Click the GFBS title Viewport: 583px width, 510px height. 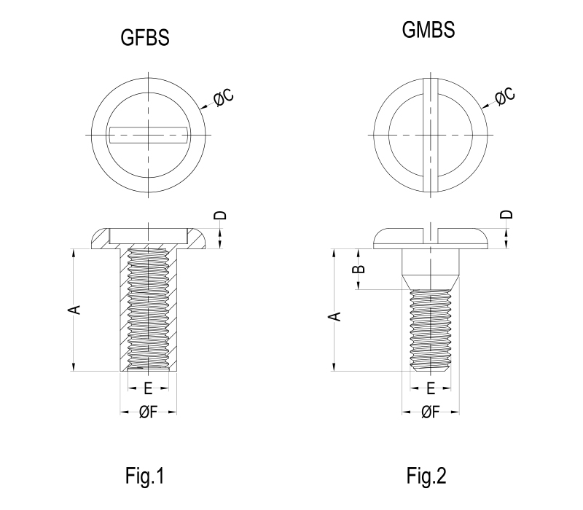[x=145, y=39]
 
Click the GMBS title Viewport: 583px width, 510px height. [x=429, y=31]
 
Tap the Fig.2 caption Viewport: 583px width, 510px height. [x=427, y=477]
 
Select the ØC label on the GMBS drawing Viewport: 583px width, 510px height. [x=504, y=95]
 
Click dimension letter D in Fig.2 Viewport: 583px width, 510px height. [x=508, y=214]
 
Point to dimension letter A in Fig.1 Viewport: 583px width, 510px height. [x=73, y=310]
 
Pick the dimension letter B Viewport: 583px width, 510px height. [x=357, y=270]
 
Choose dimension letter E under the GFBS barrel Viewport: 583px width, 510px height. [x=147, y=387]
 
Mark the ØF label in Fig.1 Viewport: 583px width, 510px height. [x=147, y=412]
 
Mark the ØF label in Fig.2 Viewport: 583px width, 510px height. [x=431, y=412]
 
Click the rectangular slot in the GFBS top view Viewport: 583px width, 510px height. [x=149, y=135]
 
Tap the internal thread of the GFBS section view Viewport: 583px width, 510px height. [x=147, y=306]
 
